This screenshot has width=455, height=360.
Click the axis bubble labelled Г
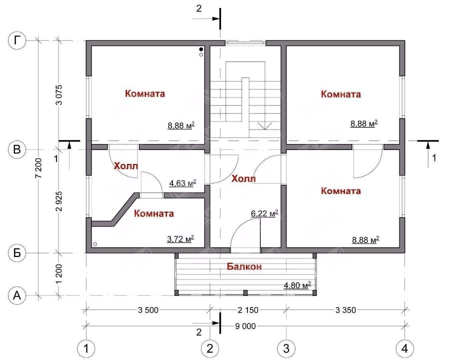coord(17,40)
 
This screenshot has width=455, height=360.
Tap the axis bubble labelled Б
coord(17,253)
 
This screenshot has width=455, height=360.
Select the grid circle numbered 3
coord(286,348)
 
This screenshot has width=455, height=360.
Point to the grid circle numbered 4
coord(405,348)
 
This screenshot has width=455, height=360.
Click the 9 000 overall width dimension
coord(245,326)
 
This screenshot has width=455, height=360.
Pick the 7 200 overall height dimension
coord(40,168)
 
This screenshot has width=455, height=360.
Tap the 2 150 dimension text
coord(248,310)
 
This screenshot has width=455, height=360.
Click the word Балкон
coord(244,266)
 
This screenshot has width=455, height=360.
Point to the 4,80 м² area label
coord(297,285)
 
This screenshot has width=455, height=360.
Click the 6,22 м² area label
coord(264,213)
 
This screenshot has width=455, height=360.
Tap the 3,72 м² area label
coord(180,238)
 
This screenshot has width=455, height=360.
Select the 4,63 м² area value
coord(183,183)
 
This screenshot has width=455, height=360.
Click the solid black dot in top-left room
coord(201,49)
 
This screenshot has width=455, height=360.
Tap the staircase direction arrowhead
coord(264,126)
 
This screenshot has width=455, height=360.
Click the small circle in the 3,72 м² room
coord(95,244)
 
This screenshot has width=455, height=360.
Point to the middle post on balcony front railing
coord(245,292)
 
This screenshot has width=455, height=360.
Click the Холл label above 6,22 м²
coord(244,178)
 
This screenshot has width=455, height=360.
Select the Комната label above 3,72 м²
coord(154,213)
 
